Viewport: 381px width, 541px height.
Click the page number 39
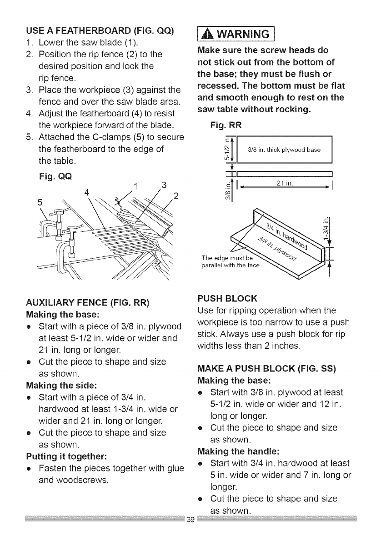tap(190, 530)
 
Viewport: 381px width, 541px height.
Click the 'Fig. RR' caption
tap(224, 124)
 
